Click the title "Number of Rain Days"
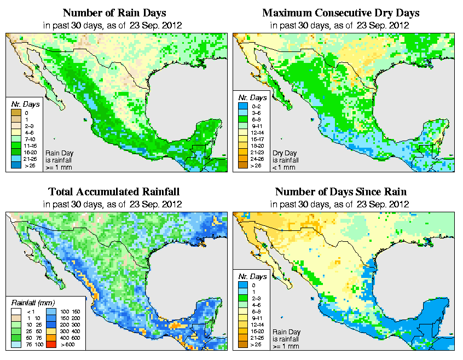tap(113, 13)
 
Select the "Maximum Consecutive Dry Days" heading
tap(340, 13)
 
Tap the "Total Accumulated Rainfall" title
tap(113, 191)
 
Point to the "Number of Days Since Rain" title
tap(340, 191)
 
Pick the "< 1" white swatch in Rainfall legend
tap(15, 311)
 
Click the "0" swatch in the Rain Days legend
tap(15, 113)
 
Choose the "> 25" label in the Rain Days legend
tap(28, 165)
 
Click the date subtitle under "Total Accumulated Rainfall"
tap(113, 204)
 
